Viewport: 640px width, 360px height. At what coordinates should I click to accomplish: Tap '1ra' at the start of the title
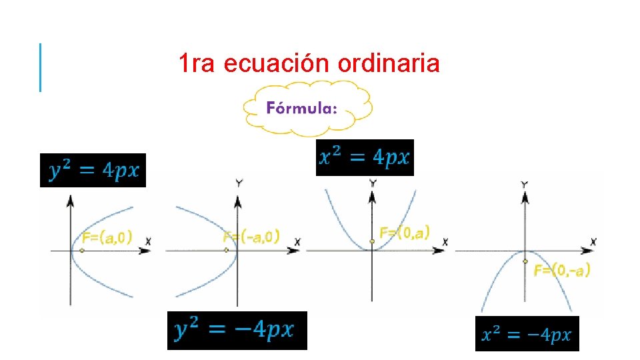[x=198, y=64]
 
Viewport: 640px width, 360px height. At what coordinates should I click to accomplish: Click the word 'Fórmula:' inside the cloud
[x=301, y=108]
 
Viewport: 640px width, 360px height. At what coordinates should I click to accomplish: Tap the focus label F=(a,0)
[x=107, y=237]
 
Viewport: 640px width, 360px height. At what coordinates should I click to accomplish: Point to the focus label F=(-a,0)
[x=251, y=236]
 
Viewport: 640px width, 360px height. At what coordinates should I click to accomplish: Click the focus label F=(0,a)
[x=404, y=232]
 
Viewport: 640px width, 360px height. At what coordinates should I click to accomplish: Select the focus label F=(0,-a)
[x=562, y=270]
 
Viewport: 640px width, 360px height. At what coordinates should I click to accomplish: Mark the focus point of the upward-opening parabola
[x=372, y=241]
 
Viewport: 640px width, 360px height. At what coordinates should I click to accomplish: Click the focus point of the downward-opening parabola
[x=525, y=261]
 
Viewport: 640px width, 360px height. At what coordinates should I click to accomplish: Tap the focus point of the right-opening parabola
[x=81, y=251]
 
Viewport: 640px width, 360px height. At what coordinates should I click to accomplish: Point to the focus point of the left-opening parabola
[x=227, y=250]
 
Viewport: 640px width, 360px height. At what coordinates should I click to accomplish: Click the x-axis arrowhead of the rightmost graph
[x=587, y=251]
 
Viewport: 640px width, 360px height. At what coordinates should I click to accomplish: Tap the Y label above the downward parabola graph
[x=525, y=184]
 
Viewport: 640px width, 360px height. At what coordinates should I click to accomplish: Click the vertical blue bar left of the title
[x=40, y=67]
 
